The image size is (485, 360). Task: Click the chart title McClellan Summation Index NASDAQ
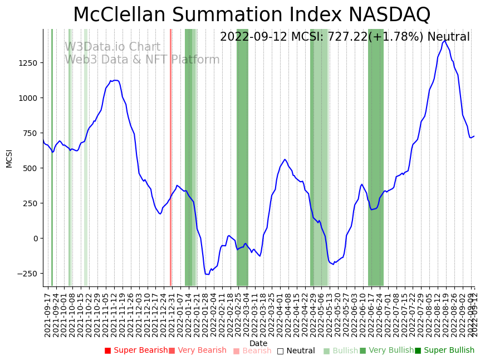tap(252, 14)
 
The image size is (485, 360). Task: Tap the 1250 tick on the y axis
tap(28, 63)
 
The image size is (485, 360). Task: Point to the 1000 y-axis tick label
tap(28, 98)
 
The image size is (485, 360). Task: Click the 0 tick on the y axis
tap(36, 239)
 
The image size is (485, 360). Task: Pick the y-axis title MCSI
tap(9, 158)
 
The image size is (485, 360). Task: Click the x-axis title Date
tap(258, 343)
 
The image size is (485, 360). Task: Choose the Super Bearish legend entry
tap(136, 351)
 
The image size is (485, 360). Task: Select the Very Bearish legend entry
tap(198, 351)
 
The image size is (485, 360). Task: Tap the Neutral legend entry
tap(296, 351)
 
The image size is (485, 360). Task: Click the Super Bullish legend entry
tap(444, 351)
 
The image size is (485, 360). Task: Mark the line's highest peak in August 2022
tap(445, 41)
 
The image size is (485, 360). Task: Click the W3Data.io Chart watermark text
tap(112, 47)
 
